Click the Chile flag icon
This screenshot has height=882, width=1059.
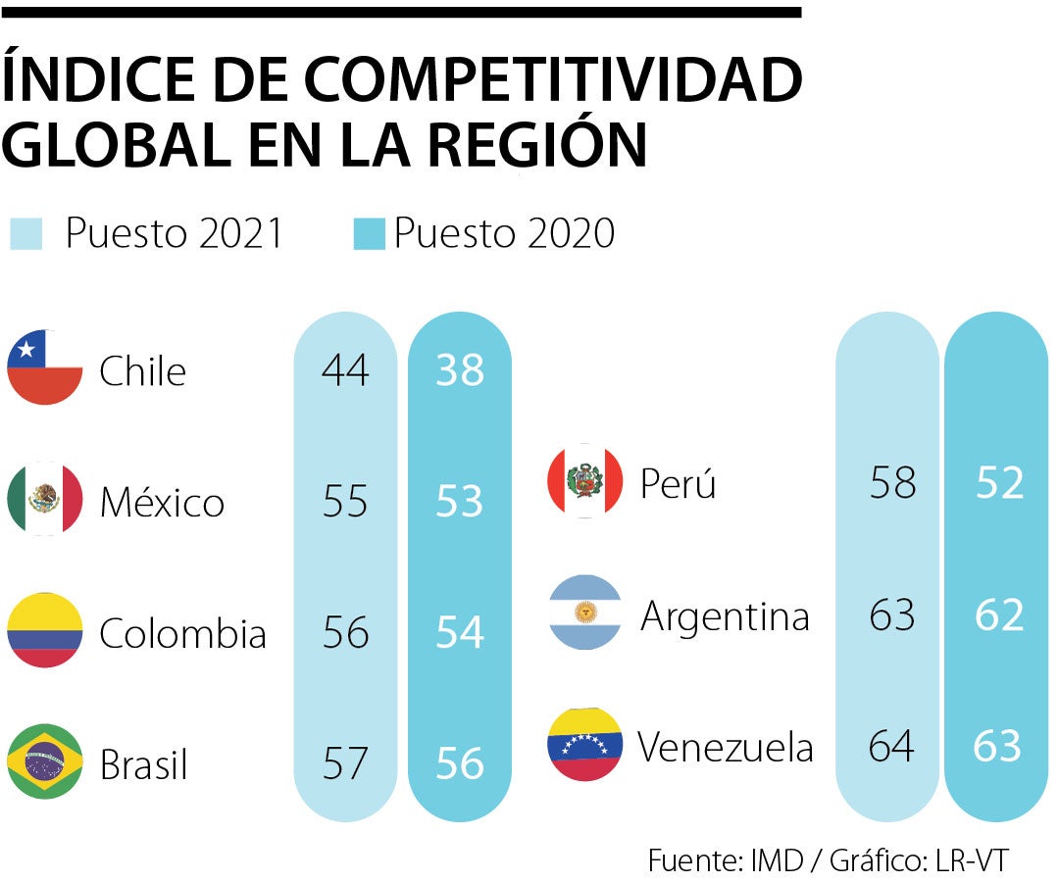[45, 367]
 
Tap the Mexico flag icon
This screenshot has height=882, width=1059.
[45, 499]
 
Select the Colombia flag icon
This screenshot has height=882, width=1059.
[45, 630]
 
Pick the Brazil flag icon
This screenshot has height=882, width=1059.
[45, 761]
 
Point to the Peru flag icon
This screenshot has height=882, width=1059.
[585, 480]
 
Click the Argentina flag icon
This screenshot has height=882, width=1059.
[585, 612]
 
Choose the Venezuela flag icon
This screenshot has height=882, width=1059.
[585, 744]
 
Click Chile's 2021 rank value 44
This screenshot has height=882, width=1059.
[345, 369]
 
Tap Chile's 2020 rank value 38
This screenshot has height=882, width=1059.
[460, 369]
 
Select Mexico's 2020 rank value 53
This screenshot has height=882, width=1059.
[460, 501]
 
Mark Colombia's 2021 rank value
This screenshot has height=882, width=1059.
[345, 632]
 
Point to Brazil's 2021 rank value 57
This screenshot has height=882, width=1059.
[345, 763]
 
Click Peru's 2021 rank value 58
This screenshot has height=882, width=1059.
[892, 482]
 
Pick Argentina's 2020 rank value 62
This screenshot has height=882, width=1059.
[999, 614]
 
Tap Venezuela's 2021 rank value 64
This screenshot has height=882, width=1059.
[892, 746]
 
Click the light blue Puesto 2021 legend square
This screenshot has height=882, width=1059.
[26, 234]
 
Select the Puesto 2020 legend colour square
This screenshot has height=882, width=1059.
[369, 234]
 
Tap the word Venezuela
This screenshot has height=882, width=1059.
[726, 747]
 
